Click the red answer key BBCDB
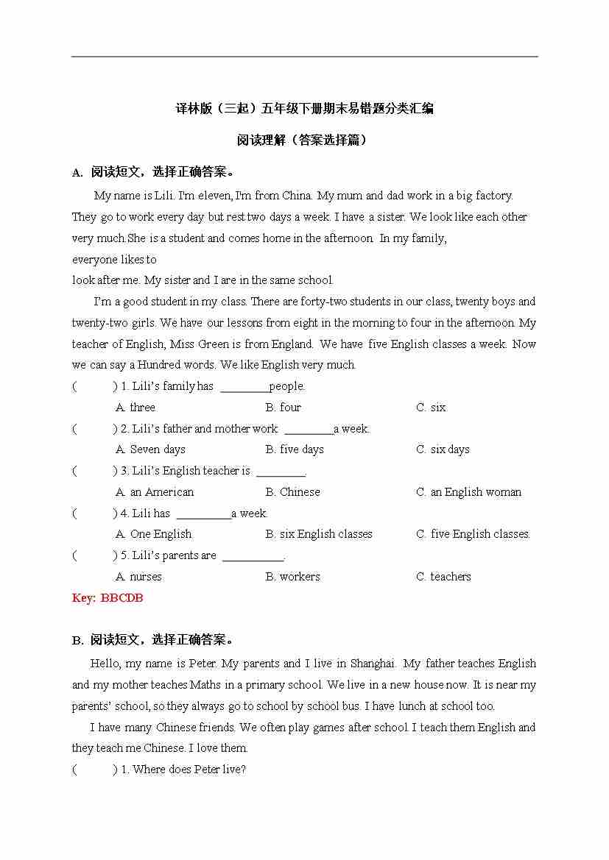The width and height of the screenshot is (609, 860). (108, 598)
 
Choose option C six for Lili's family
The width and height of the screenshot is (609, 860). (431, 408)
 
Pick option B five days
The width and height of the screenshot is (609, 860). (295, 449)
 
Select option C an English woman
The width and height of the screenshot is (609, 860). (468, 492)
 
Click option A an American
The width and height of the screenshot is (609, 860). (155, 492)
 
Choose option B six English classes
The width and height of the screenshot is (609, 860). (319, 534)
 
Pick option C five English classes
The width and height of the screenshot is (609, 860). (473, 534)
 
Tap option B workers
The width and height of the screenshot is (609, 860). (293, 577)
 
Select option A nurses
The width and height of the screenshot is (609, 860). (138, 577)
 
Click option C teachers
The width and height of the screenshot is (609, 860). (443, 577)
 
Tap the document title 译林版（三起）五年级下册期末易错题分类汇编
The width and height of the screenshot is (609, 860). (304, 109)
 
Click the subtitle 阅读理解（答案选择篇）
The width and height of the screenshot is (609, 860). (304, 140)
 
